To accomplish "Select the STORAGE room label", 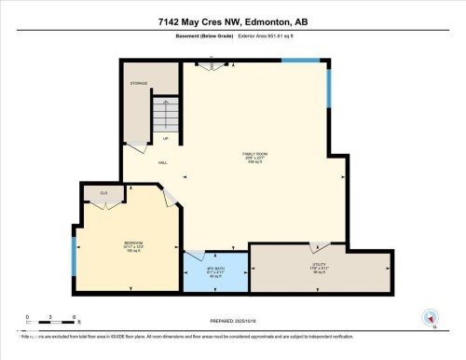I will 140,83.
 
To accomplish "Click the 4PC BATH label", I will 215,270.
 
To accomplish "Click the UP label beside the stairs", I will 165,139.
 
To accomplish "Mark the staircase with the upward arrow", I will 165,116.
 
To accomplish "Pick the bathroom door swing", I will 195,255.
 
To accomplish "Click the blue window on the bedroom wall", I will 74,249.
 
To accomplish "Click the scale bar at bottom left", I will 41,323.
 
